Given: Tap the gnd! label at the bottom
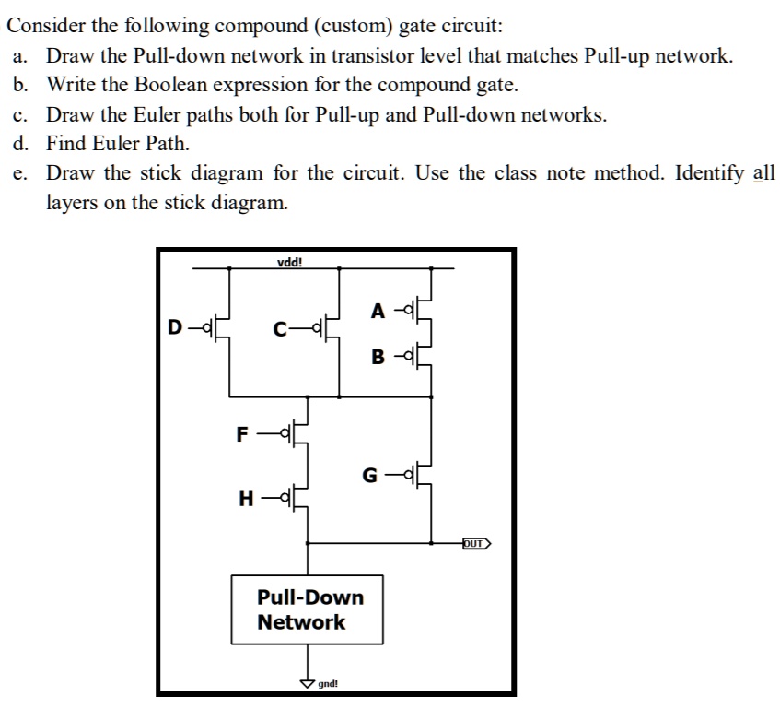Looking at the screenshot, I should click(328, 685).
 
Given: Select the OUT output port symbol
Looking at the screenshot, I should click(476, 543).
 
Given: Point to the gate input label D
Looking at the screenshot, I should click(173, 326).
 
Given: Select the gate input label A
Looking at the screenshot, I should click(378, 311).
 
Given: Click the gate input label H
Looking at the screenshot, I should click(246, 499).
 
